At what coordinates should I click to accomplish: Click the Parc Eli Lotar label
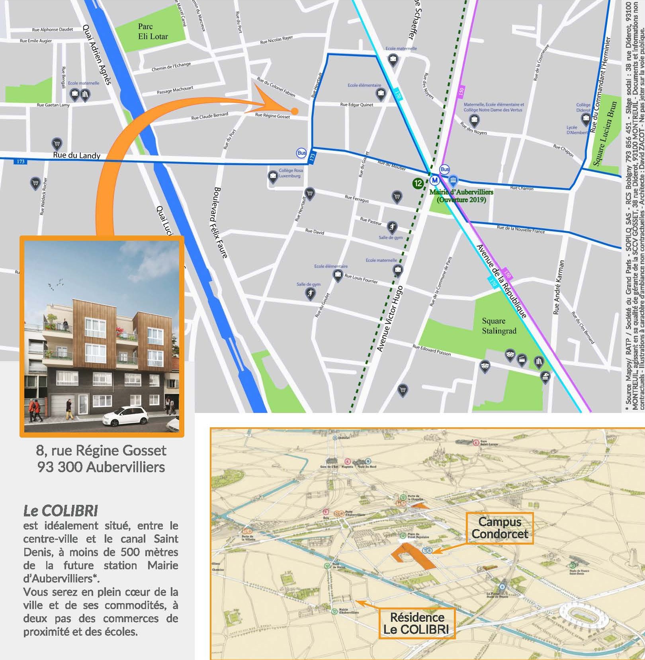[153, 31]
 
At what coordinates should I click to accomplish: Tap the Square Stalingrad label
[499, 326]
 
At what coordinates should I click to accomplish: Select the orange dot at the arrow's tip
[294, 111]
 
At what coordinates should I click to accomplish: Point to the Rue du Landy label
[76, 155]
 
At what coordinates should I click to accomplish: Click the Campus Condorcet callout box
[500, 528]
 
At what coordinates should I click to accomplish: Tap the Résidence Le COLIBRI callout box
[416, 623]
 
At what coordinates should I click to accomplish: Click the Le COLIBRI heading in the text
[61, 511]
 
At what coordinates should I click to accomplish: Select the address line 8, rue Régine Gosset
[101, 450]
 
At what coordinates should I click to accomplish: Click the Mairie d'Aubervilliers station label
[461, 195]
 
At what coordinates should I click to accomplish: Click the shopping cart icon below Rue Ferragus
[397, 196]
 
